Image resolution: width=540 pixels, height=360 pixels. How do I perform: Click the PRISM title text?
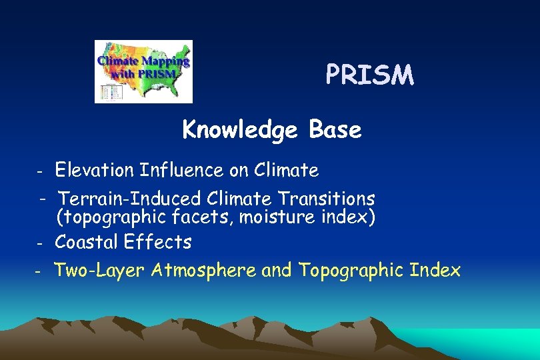tap(370, 76)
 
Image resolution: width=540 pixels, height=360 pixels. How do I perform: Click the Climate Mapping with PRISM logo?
tap(143, 71)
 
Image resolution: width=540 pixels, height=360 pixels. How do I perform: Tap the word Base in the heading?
tap(335, 130)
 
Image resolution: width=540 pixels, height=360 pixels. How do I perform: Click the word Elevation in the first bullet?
tap(95, 171)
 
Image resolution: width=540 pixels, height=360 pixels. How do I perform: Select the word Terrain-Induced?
tap(129, 199)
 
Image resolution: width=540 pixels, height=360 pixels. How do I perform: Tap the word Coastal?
tap(87, 242)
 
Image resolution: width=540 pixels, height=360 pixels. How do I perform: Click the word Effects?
tap(158, 242)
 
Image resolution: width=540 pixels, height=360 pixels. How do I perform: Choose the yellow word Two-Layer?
tap(100, 271)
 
